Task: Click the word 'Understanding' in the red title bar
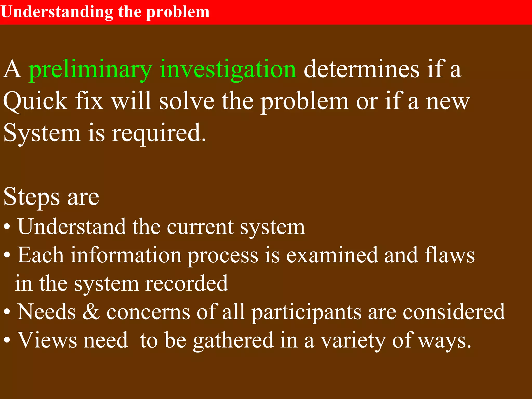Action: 57,12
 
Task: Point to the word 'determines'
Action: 362,69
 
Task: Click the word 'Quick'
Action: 35,101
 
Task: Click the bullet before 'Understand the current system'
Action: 7,227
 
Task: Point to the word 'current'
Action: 200,227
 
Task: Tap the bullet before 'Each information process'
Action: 7,255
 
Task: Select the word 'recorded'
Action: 186,283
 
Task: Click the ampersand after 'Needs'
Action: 91,312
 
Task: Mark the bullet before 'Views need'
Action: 7,340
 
